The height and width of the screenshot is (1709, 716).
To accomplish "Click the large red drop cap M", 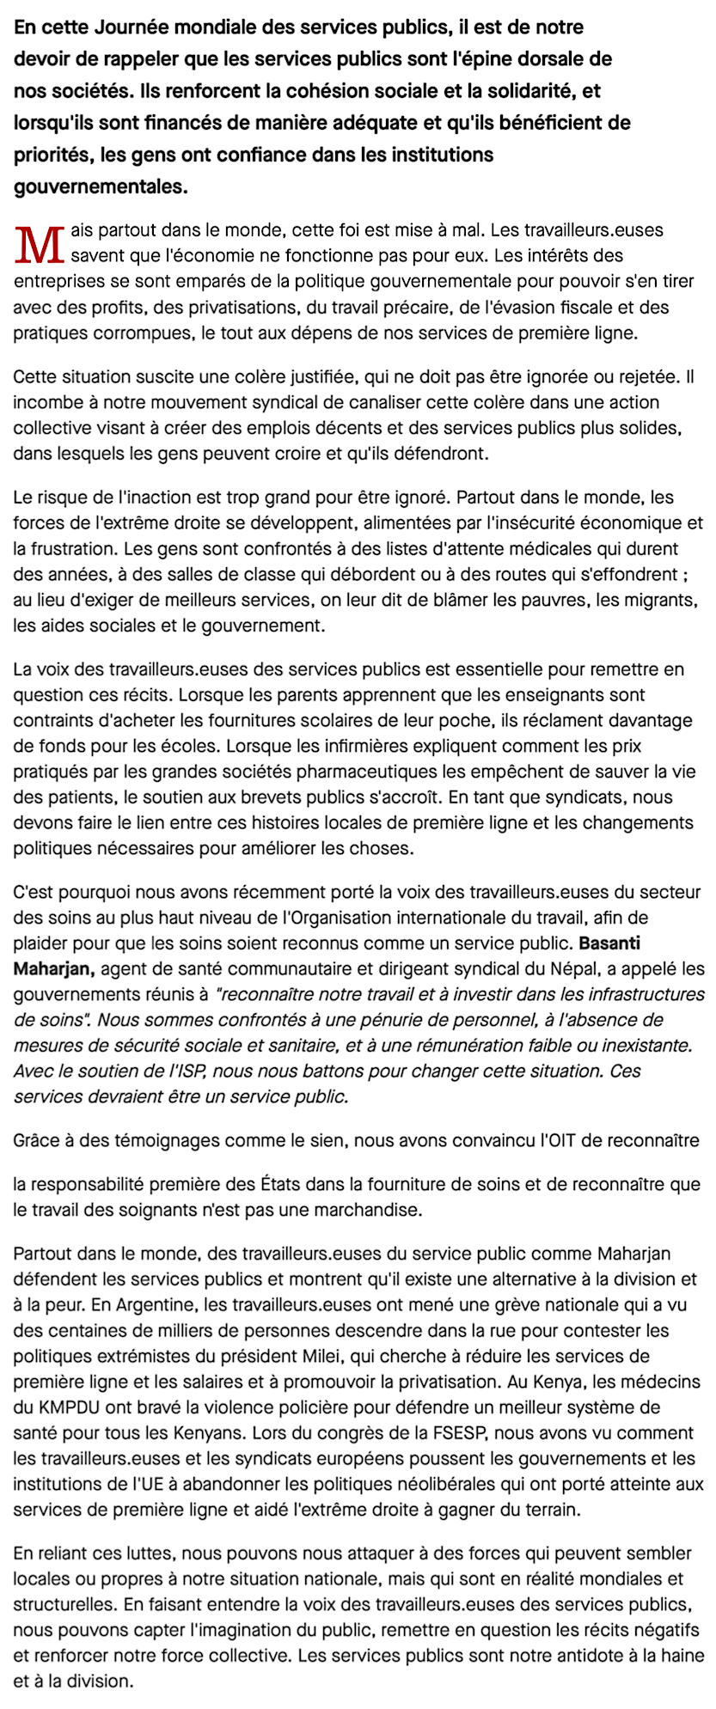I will [x=40, y=244].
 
